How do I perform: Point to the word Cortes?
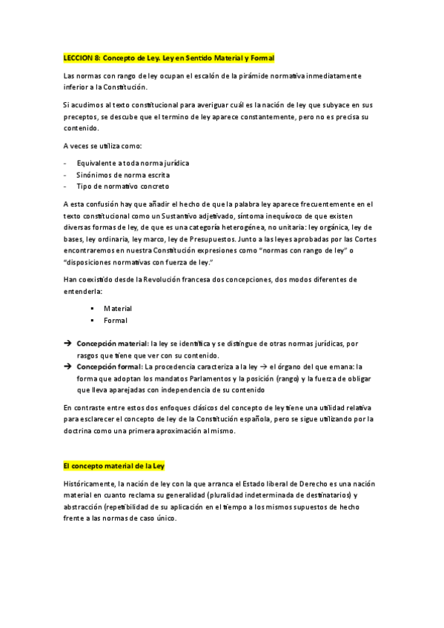click(365, 239)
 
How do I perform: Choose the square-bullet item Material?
click(117, 308)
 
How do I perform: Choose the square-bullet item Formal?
click(115, 321)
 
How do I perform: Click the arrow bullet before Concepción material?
click(67, 344)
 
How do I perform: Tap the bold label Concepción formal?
click(109, 366)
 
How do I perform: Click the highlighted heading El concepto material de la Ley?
click(113, 466)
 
